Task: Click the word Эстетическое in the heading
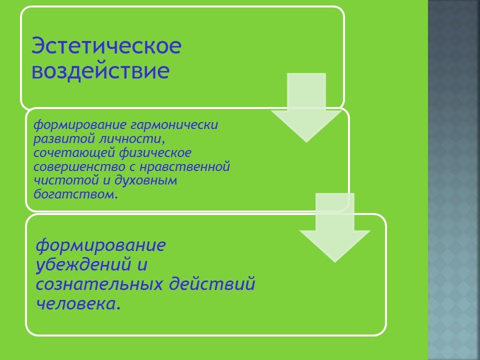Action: [x=106, y=45]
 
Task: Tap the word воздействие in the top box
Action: [x=100, y=71]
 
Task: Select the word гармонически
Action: [x=174, y=125]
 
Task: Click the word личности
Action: [x=131, y=138]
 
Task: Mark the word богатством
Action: [x=75, y=194]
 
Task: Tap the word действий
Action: [x=212, y=283]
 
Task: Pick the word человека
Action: [x=78, y=303]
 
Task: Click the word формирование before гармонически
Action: [x=79, y=125]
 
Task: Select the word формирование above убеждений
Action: [x=101, y=245]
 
